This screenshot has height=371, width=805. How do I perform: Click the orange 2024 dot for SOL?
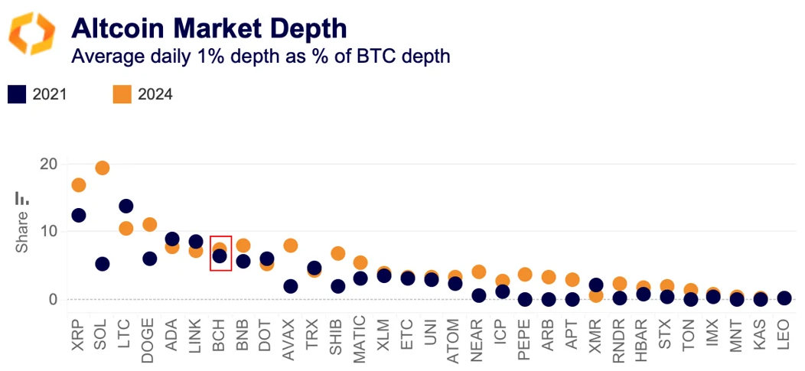click(x=102, y=168)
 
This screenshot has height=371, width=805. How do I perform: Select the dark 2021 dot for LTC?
click(x=125, y=206)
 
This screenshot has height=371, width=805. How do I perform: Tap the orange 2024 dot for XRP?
click(x=78, y=185)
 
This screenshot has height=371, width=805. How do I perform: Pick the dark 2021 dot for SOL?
click(x=102, y=264)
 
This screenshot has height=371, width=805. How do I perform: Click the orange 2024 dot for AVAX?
click(x=290, y=246)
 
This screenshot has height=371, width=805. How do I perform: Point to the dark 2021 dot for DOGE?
click(x=149, y=259)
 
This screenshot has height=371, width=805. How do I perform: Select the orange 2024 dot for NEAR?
click(x=479, y=272)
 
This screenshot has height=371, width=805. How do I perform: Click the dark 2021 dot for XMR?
click(x=597, y=285)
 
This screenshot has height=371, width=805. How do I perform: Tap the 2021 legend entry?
click(x=37, y=94)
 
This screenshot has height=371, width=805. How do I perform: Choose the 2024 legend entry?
click(x=142, y=94)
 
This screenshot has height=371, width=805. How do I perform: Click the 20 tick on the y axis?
click(x=48, y=164)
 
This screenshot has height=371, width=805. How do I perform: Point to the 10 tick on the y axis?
click(x=48, y=231)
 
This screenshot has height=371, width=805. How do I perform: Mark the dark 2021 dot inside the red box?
click(x=220, y=256)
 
